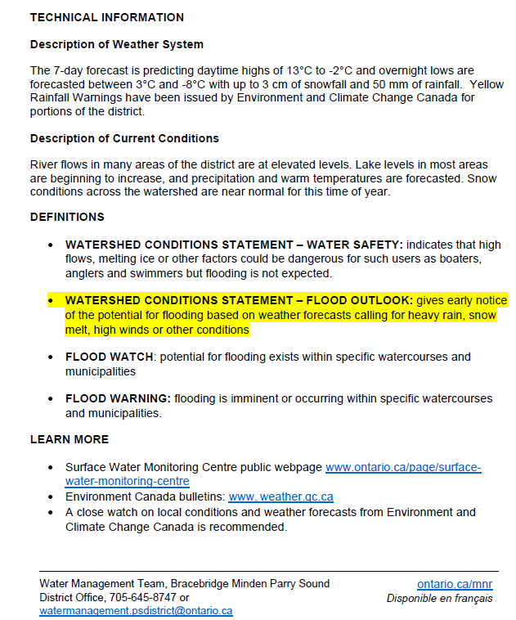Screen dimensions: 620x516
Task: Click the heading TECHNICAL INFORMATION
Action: point(107,17)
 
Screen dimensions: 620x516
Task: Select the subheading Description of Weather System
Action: point(117,44)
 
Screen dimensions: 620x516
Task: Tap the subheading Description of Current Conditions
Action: point(124,138)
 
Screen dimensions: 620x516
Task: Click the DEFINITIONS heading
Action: point(67,218)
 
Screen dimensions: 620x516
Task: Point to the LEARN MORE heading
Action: point(70,439)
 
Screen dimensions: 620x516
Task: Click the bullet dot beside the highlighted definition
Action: point(51,301)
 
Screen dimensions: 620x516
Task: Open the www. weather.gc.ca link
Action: point(280,497)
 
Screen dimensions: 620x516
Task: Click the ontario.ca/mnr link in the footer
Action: point(455,584)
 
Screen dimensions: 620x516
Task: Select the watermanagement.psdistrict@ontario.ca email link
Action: point(136,611)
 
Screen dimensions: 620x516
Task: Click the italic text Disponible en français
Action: point(439,598)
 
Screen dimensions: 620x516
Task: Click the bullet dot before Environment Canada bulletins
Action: point(51,497)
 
